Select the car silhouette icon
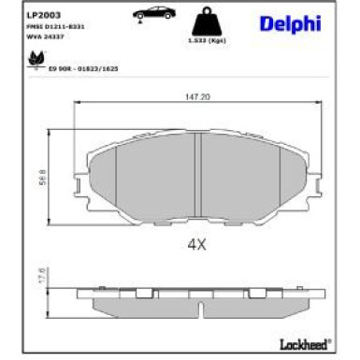click(x=151, y=16)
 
